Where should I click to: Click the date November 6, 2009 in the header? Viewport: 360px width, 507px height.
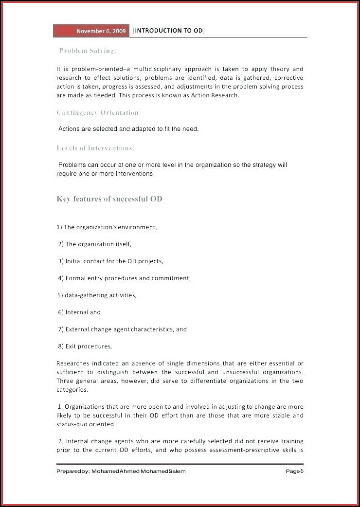101,31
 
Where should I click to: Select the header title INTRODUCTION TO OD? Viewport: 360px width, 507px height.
168,31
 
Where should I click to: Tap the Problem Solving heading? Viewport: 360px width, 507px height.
87,51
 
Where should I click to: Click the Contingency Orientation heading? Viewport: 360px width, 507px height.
98,112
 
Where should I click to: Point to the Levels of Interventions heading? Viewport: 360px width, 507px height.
95,148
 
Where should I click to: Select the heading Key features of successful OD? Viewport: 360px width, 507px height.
109,199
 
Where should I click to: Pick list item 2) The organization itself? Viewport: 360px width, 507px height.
95,244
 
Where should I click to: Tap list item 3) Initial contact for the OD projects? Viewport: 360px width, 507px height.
110,261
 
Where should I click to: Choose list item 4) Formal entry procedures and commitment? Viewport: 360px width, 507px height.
124,278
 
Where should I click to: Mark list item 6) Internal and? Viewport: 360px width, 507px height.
79,312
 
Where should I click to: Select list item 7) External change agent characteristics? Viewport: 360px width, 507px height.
122,329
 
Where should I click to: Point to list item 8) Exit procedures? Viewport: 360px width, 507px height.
85,346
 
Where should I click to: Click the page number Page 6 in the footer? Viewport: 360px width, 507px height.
294,471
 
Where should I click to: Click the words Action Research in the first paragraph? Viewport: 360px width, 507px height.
217,95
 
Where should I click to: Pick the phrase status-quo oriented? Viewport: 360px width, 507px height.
86,424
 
